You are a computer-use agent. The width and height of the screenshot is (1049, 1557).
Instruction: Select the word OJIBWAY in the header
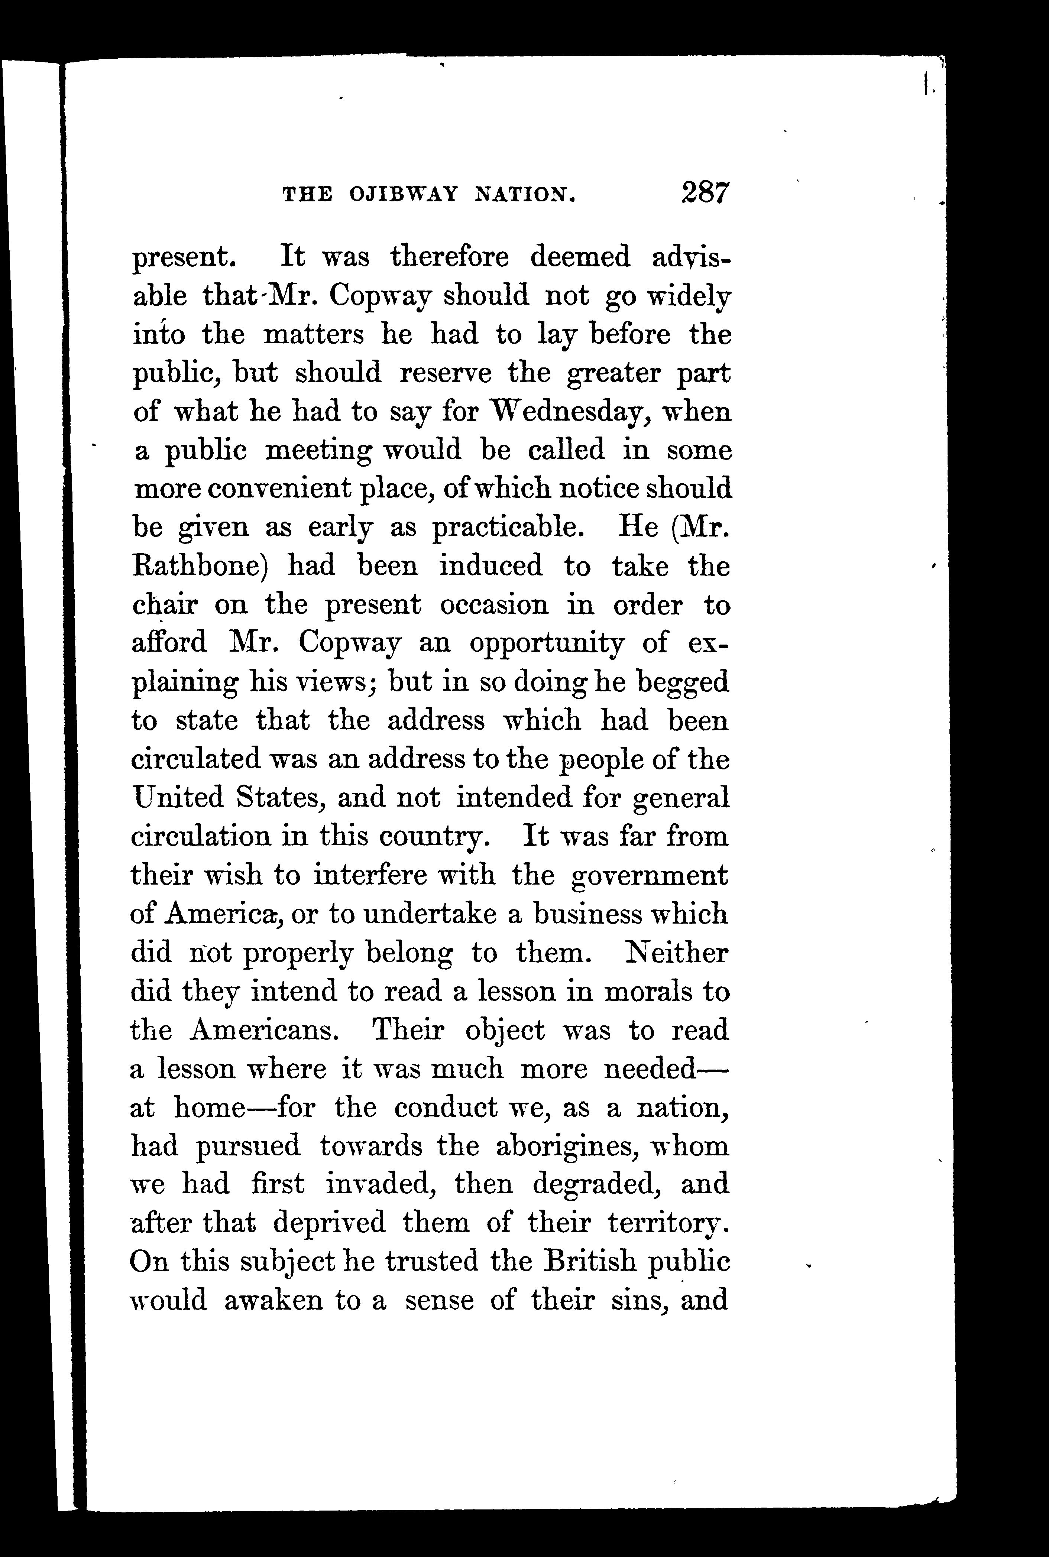point(404,195)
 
